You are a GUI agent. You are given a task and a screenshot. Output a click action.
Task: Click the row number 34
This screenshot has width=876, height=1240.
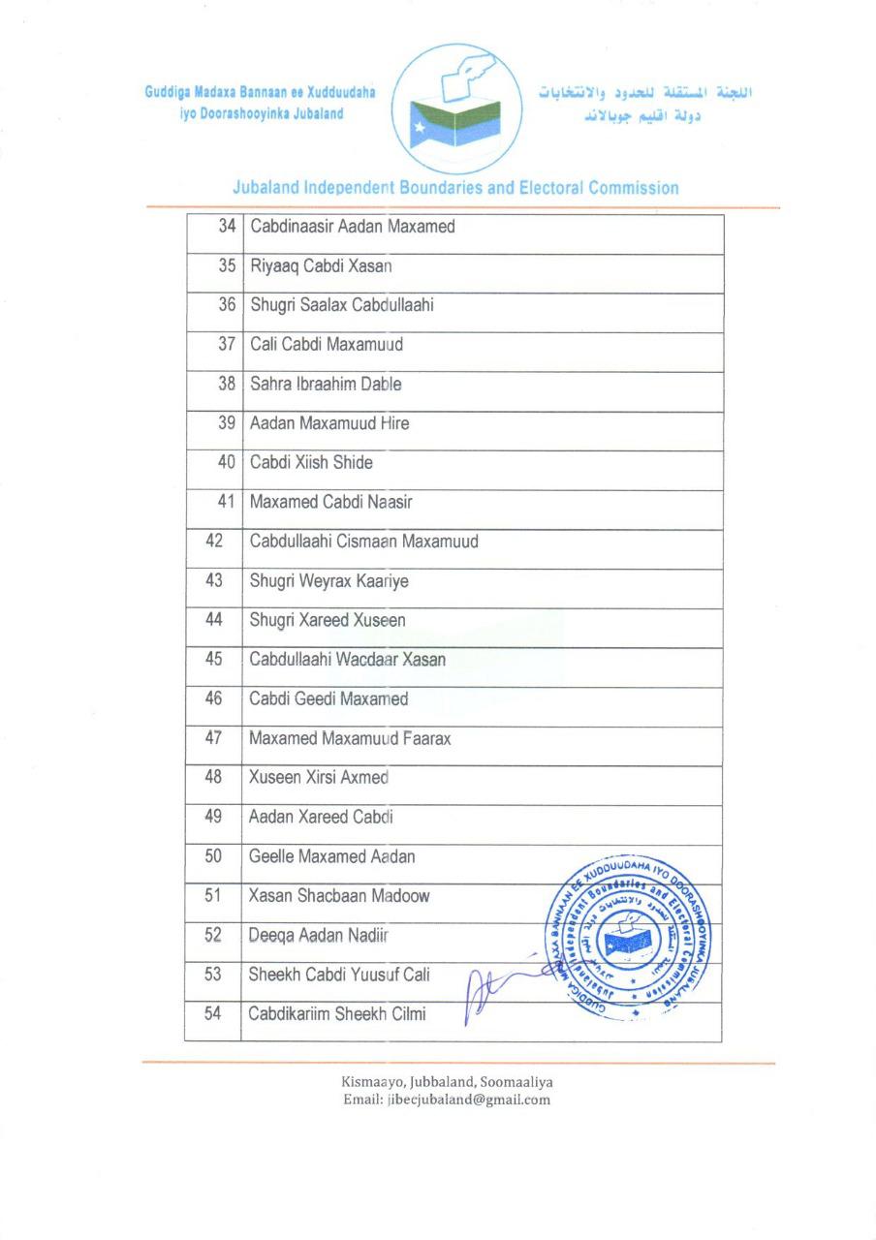coord(228,227)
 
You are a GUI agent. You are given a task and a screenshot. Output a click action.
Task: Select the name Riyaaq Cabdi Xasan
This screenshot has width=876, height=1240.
coord(321,265)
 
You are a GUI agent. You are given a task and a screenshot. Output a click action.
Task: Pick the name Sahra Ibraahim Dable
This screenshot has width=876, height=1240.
coord(326,384)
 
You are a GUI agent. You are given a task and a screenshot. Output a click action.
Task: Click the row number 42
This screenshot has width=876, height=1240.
coord(214,541)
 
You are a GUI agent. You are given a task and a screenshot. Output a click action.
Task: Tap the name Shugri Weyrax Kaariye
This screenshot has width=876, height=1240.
coord(328,580)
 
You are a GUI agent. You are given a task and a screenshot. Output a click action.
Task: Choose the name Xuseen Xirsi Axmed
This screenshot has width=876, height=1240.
coord(319,777)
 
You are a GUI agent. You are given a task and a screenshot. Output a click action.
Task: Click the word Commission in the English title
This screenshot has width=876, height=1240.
coord(631,188)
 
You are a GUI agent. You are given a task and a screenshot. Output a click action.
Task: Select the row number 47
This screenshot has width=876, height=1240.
coord(214,737)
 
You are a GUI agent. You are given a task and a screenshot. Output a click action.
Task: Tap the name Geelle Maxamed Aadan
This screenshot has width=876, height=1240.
coord(332,856)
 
